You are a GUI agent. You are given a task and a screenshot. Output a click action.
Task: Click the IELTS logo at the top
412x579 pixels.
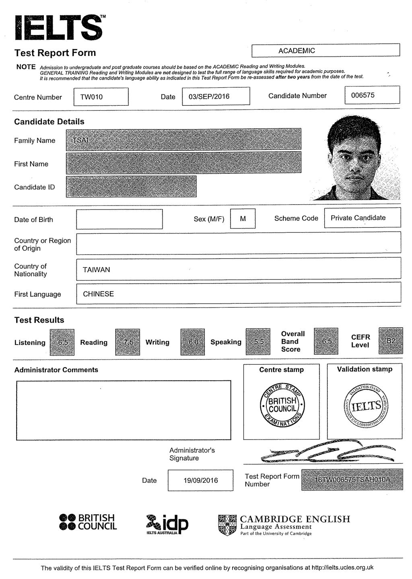click(58, 28)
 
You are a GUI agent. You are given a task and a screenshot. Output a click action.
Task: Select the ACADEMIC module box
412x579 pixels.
click(325, 50)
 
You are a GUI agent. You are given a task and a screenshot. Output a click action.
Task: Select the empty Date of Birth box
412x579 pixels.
click(119, 219)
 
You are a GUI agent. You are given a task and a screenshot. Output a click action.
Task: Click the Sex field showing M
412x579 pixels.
click(243, 219)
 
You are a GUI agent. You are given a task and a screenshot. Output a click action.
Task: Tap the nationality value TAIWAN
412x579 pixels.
click(97, 269)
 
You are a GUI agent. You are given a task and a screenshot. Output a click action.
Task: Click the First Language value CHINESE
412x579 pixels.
click(99, 294)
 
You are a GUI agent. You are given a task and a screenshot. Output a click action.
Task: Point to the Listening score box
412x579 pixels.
click(62, 342)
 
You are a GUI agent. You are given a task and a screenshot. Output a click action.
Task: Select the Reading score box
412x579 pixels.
click(128, 342)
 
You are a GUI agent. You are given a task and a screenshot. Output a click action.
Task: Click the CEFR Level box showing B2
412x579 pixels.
click(391, 341)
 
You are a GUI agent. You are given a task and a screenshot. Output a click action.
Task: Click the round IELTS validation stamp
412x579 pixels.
click(366, 407)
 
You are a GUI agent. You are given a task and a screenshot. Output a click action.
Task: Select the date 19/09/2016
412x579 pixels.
click(200, 480)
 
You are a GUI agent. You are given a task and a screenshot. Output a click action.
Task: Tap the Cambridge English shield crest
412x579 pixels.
click(227, 525)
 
